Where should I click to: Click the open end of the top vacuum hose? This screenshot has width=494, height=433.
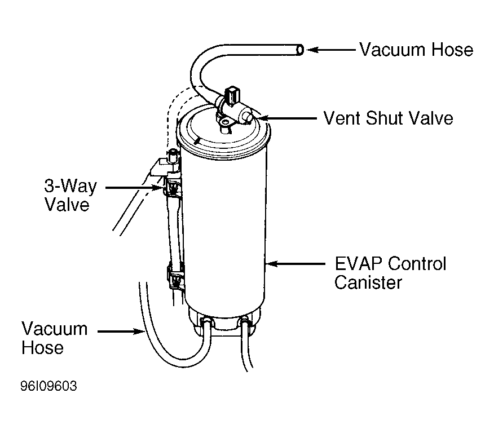300,50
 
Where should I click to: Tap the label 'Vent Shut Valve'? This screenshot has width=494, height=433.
389,118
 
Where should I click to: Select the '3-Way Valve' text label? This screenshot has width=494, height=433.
70,195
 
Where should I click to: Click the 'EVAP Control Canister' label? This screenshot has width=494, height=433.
390,273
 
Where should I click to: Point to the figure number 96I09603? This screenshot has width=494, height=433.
49,386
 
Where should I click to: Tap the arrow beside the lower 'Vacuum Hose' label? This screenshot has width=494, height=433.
121,332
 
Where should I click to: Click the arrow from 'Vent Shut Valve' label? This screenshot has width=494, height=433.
288,118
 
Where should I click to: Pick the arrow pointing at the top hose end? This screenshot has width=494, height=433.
331,50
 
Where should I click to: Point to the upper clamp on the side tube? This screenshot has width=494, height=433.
173,187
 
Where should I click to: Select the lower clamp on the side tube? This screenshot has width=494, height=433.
175,277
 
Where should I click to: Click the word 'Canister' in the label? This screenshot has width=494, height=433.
368,282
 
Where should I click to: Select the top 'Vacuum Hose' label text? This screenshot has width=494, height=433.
417,50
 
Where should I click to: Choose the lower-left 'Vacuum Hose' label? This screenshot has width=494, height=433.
55,338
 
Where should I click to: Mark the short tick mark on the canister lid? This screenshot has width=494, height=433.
197,140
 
